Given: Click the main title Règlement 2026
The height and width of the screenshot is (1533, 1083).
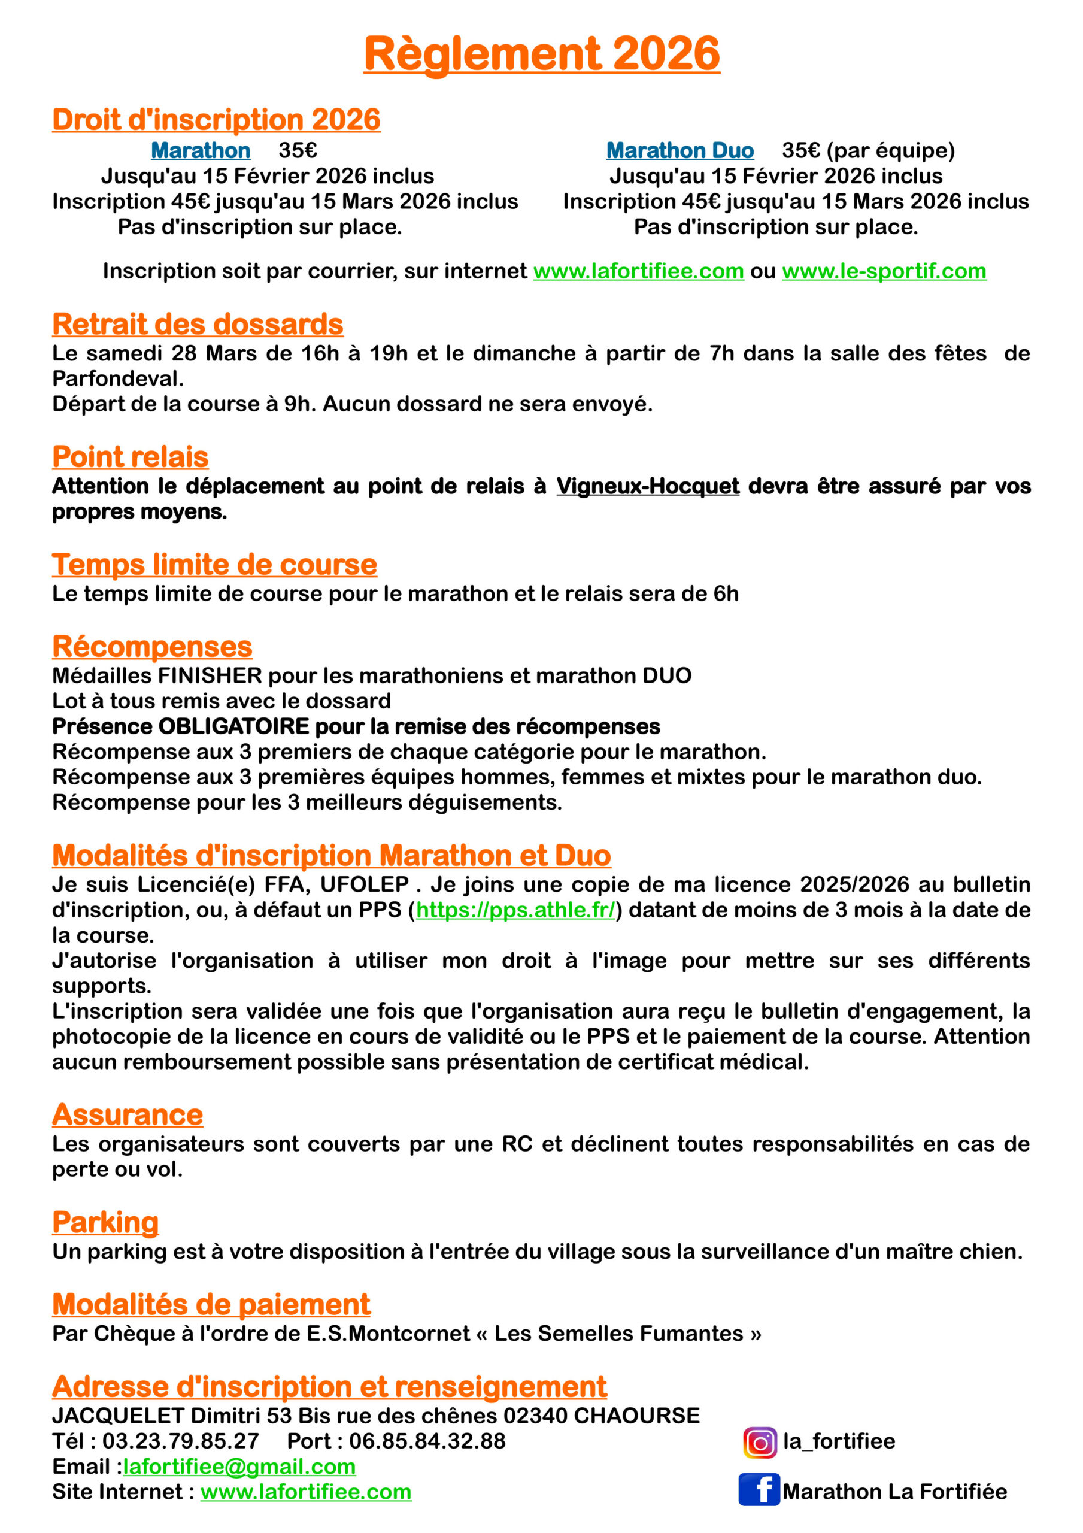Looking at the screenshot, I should click(541, 53).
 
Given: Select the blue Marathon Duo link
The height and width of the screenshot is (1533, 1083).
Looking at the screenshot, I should click(679, 151).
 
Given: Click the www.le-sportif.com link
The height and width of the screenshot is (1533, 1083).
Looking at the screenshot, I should click(884, 271).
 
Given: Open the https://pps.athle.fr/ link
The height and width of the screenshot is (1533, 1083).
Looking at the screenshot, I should click(515, 910).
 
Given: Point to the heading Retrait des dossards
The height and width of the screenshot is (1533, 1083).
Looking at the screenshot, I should click(198, 325).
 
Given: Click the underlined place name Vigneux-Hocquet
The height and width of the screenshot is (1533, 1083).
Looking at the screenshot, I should click(648, 486).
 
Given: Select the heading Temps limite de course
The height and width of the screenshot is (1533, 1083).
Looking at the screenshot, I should click(214, 565).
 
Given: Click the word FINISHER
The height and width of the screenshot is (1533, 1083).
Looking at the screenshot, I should click(210, 675).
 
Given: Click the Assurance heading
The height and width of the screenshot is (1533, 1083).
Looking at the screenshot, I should click(128, 1115).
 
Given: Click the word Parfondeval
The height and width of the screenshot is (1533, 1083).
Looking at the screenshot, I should click(117, 378).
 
